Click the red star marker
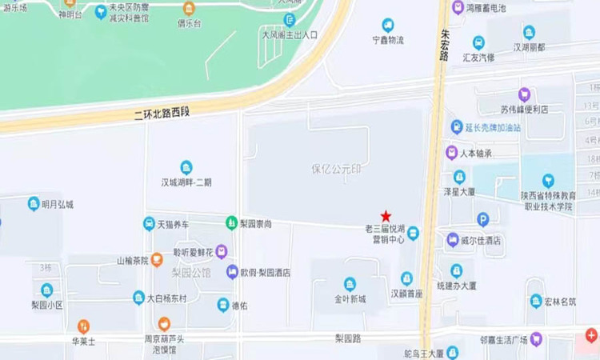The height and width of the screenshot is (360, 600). point(386,216)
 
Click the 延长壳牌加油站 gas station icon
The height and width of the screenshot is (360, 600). point(458,127)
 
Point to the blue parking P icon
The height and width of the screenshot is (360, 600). point(482,219)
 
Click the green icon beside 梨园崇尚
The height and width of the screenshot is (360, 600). point(230,222)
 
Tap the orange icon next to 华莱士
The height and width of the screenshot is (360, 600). point(83,326)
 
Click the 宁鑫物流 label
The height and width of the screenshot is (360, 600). point(388,40)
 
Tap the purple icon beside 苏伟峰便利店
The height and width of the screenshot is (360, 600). point(524,94)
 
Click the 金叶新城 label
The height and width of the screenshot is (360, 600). point(350,299)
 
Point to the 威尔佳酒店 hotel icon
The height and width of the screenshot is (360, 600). point(454,239)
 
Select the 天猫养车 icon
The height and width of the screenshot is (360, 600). point(149,223)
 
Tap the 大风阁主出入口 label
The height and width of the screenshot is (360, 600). point(290,35)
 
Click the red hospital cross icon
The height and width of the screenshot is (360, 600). point(591,334)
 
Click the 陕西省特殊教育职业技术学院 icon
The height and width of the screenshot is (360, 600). point(548,181)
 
